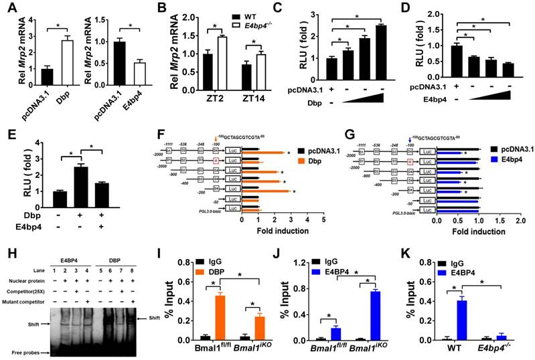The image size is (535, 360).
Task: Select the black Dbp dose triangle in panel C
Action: click(x=364, y=98)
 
